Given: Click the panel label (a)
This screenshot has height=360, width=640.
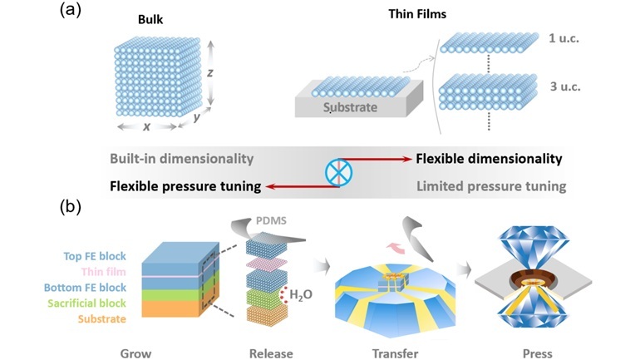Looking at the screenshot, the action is [x=71, y=10].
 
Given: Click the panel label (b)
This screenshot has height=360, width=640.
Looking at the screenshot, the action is [x=71, y=207].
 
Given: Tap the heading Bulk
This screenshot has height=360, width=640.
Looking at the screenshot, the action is [x=150, y=20].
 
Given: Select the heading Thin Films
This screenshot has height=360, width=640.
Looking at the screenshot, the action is [x=417, y=14].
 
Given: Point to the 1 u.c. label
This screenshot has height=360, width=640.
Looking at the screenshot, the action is [x=564, y=38].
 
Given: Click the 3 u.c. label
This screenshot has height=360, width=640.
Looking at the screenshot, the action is [x=565, y=86].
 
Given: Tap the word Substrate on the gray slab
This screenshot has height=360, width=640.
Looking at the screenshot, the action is [x=350, y=107].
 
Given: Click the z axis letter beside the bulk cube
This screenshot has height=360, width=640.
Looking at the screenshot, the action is [x=210, y=72].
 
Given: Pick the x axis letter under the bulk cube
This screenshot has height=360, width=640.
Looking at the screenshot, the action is [x=146, y=126].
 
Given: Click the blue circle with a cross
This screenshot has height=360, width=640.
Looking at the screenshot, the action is [x=339, y=172].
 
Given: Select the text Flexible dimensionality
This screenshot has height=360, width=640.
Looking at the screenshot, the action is [x=489, y=159].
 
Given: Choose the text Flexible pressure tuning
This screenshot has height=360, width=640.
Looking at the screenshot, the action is [x=185, y=186].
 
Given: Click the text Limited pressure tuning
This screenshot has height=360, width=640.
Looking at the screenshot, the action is [x=491, y=186].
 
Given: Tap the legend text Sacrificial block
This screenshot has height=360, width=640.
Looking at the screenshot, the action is [x=86, y=303].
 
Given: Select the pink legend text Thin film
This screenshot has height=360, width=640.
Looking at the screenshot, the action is [x=103, y=272].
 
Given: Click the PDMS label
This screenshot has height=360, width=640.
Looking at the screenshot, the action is [x=271, y=221].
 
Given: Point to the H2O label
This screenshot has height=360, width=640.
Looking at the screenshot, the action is [x=301, y=294].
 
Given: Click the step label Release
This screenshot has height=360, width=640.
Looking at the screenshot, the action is [x=271, y=353].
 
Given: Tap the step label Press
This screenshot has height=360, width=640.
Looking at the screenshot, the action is [x=538, y=353].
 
